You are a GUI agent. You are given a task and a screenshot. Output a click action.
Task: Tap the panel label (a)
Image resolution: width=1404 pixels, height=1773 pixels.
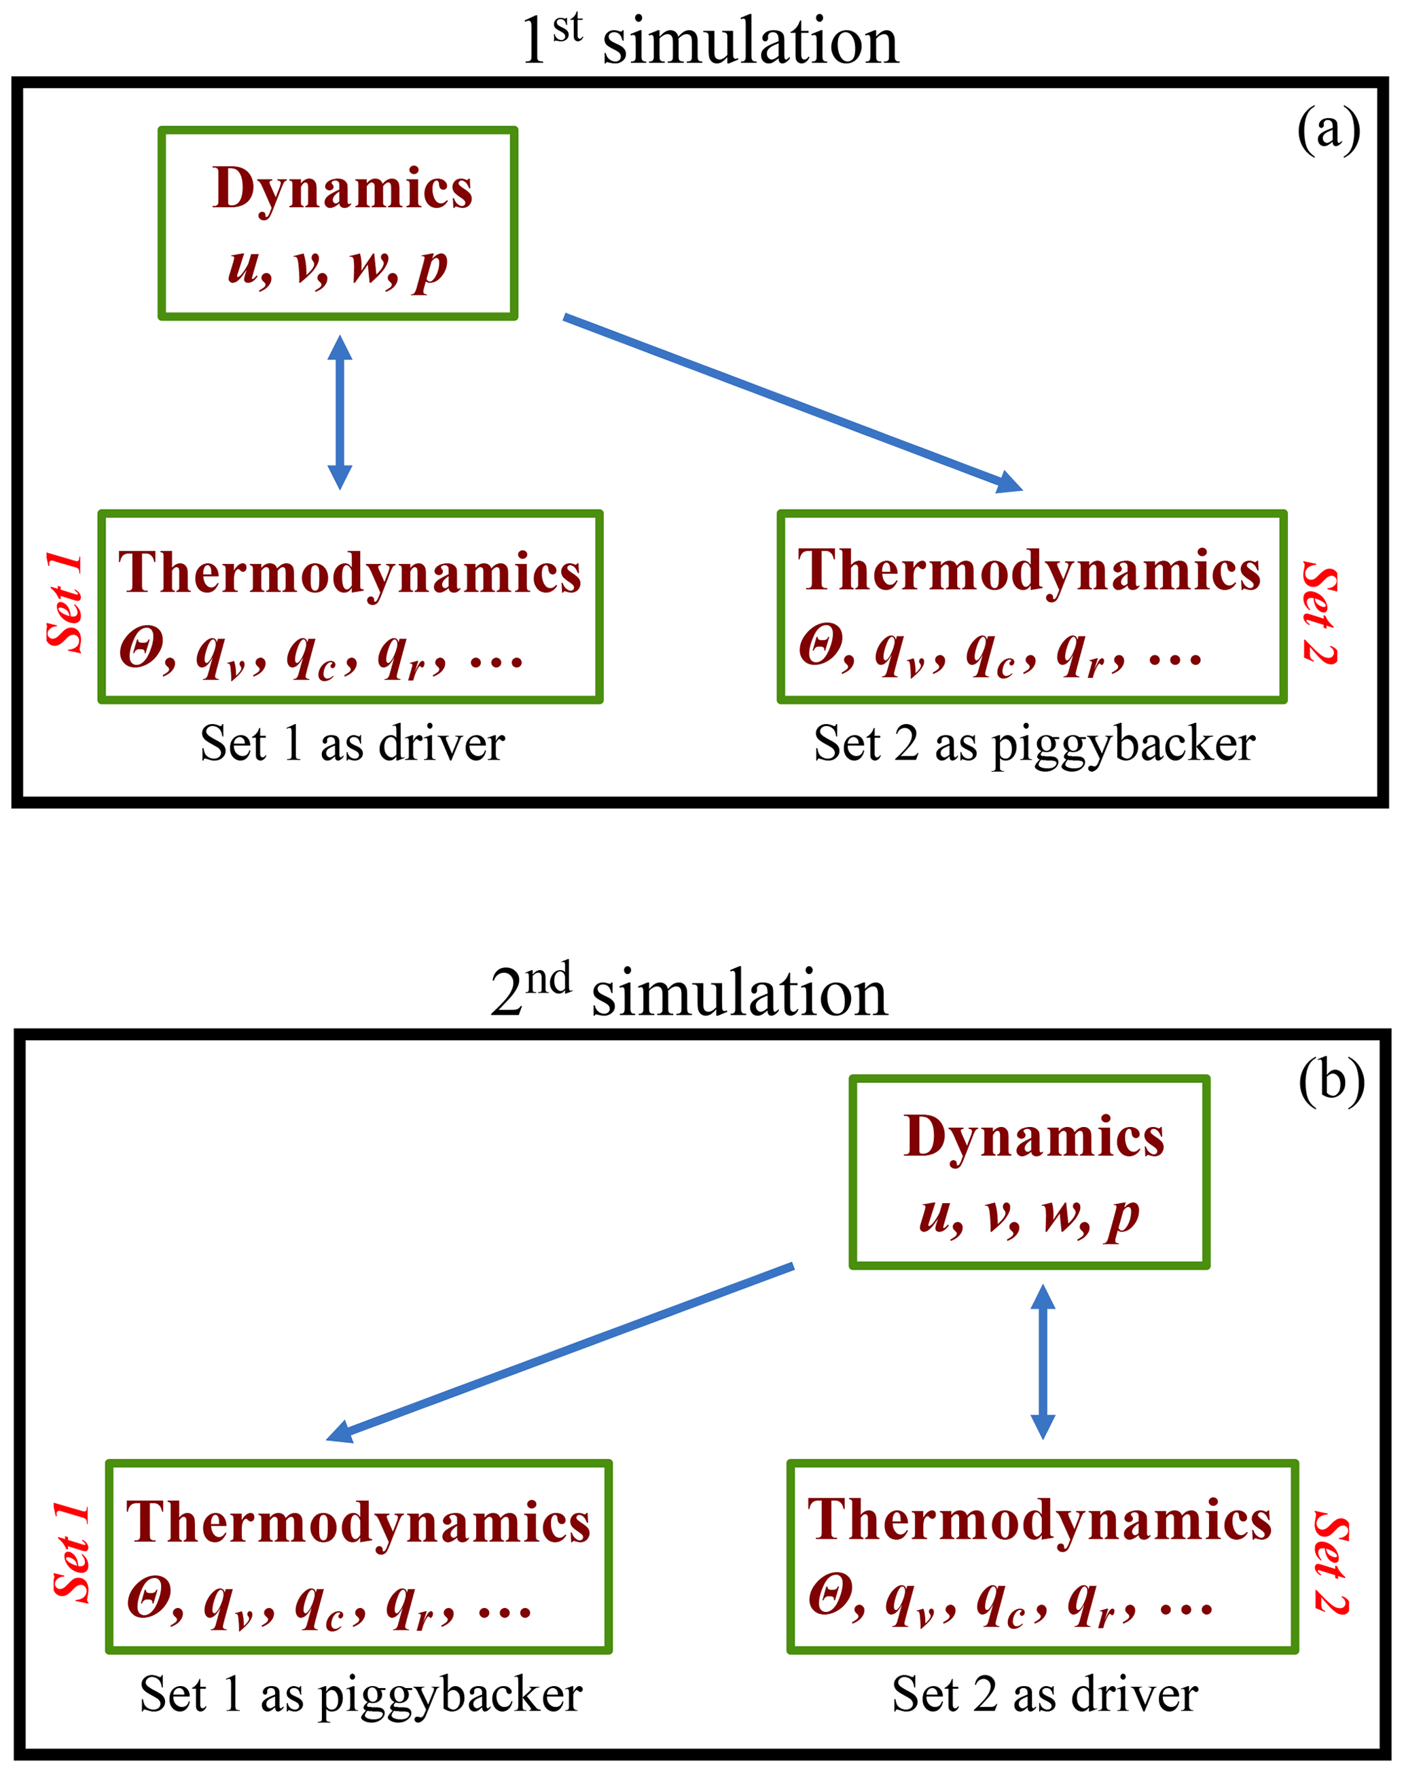click(x=1329, y=130)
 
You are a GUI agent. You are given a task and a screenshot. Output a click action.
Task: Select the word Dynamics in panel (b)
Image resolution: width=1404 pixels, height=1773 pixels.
click(x=1033, y=1138)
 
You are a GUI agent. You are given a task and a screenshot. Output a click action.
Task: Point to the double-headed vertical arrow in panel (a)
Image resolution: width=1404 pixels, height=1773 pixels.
click(x=340, y=412)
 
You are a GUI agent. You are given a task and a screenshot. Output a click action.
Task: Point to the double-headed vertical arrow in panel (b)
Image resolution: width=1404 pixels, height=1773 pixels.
click(x=1043, y=1361)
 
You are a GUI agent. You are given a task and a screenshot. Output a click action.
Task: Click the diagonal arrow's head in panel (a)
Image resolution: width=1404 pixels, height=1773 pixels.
click(x=1010, y=483)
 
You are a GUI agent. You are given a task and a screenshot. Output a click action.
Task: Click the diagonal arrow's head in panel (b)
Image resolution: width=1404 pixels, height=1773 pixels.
click(x=340, y=1432)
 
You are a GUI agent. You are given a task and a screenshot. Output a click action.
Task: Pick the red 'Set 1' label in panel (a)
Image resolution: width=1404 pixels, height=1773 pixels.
click(x=64, y=604)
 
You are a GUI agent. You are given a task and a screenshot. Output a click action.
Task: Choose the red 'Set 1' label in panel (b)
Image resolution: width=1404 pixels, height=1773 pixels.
click(x=71, y=1553)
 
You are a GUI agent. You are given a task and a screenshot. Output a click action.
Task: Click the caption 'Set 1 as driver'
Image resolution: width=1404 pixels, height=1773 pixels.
click(x=352, y=744)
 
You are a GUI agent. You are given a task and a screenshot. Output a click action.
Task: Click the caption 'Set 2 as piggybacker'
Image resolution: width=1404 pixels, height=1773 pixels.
click(x=1034, y=745)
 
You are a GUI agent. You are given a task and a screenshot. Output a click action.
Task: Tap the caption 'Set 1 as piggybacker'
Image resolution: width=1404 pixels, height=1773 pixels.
click(x=361, y=1694)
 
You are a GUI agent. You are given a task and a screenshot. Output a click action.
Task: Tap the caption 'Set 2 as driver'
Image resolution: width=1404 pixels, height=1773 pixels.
click(x=1045, y=1694)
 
